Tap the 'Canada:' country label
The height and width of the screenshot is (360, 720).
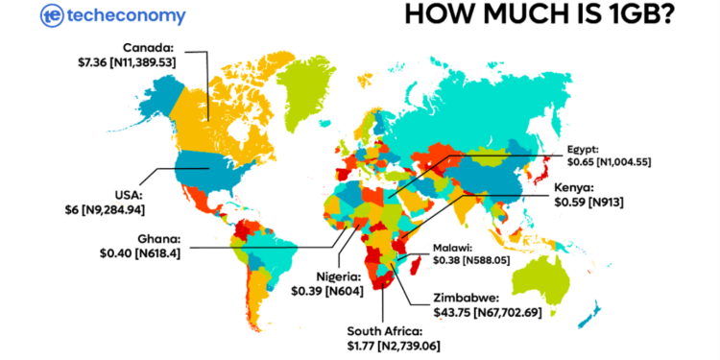tap(149, 47)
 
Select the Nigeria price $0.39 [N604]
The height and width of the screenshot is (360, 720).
tap(325, 290)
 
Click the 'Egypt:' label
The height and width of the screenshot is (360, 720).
tap(584, 150)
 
